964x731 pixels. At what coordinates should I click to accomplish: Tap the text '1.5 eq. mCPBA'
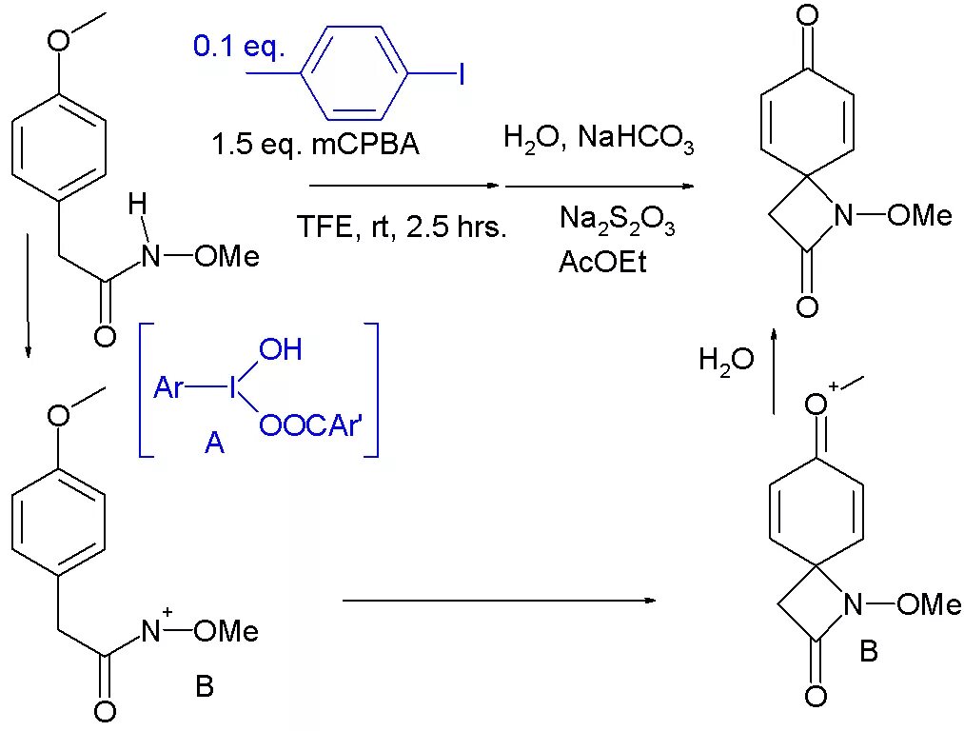(x=315, y=146)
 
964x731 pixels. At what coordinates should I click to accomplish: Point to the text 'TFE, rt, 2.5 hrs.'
(x=401, y=227)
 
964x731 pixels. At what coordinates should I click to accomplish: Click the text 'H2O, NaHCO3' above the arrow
(x=599, y=141)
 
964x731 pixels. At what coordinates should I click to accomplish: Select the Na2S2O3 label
(x=617, y=221)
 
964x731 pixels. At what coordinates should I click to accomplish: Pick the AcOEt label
(x=602, y=262)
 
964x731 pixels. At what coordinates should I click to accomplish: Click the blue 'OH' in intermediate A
(x=281, y=350)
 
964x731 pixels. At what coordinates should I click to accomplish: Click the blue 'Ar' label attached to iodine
(x=168, y=387)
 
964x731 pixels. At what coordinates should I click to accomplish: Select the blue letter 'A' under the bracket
(x=215, y=443)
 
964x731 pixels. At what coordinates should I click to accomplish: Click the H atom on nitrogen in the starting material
(x=139, y=203)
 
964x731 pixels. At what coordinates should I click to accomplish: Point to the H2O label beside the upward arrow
(x=726, y=360)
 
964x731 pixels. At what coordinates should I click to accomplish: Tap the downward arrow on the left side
(x=29, y=295)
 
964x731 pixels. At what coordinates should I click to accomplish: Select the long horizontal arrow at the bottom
(x=499, y=601)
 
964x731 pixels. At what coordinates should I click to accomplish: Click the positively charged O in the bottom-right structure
(x=815, y=405)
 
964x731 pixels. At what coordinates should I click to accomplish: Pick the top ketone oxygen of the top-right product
(x=807, y=15)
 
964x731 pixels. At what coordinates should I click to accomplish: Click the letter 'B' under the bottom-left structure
(x=205, y=686)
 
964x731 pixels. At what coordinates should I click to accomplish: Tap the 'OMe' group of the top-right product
(x=918, y=216)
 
